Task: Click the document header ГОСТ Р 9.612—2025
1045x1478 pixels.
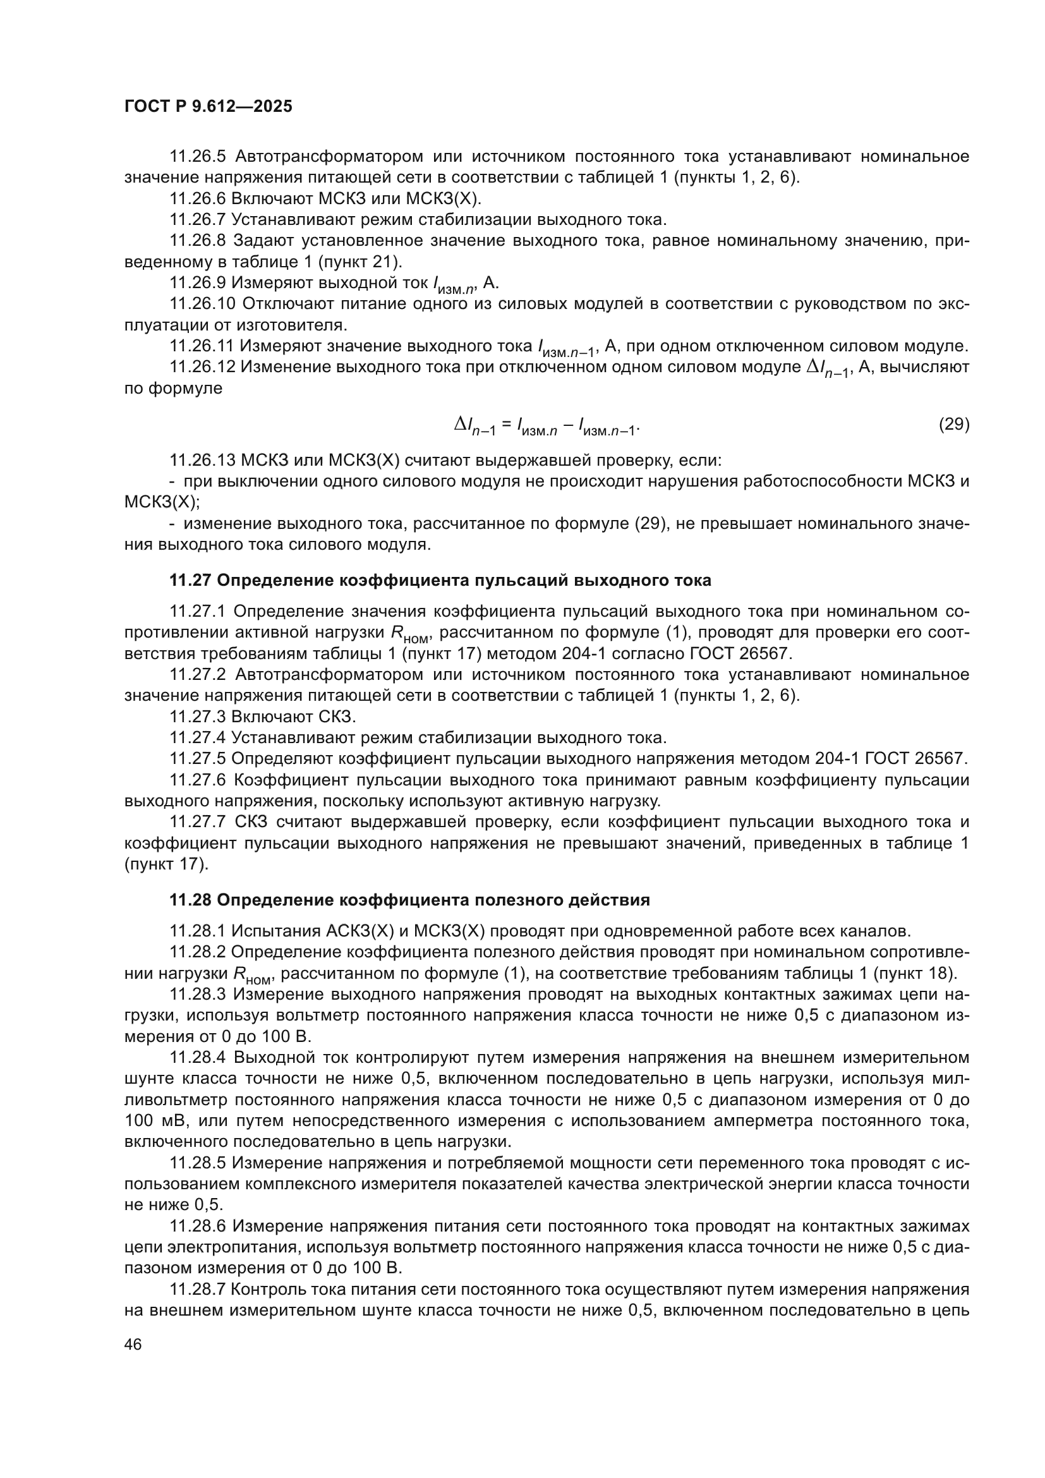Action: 208,106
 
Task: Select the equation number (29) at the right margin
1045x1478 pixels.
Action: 953,424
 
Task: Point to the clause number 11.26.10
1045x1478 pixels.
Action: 202,303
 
